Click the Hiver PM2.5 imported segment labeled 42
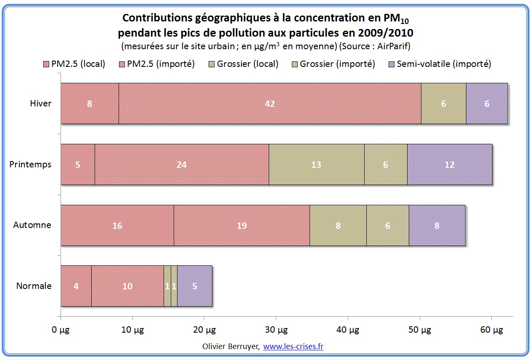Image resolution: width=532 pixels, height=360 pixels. pyautogui.click(x=270, y=103)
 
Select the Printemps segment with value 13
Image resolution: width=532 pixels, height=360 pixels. pyautogui.click(x=316, y=164)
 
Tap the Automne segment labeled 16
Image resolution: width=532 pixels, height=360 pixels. pyautogui.click(x=117, y=225)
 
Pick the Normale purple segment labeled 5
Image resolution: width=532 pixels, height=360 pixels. pyautogui.click(x=195, y=286)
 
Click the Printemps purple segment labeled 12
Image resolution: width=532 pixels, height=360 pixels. pyautogui.click(x=449, y=164)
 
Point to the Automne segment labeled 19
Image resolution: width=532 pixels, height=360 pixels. pyautogui.click(x=241, y=225)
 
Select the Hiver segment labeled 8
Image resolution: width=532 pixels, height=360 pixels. pyautogui.click(x=90, y=103)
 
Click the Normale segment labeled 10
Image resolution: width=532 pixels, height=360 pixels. pyautogui.click(x=127, y=286)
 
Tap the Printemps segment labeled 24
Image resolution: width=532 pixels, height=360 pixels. pyautogui.click(x=182, y=164)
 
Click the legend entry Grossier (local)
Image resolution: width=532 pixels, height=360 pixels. pyautogui.click(x=248, y=64)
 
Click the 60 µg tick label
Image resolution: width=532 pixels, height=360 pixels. pyautogui.click(x=491, y=331)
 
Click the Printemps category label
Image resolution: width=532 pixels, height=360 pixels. pyautogui.click(x=30, y=164)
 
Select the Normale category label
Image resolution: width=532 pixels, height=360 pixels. pyautogui.click(x=34, y=286)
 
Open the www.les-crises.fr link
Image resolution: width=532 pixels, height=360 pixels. pyautogui.click(x=293, y=347)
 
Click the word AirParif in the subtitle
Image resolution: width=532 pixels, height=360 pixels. pyautogui.click(x=395, y=45)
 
